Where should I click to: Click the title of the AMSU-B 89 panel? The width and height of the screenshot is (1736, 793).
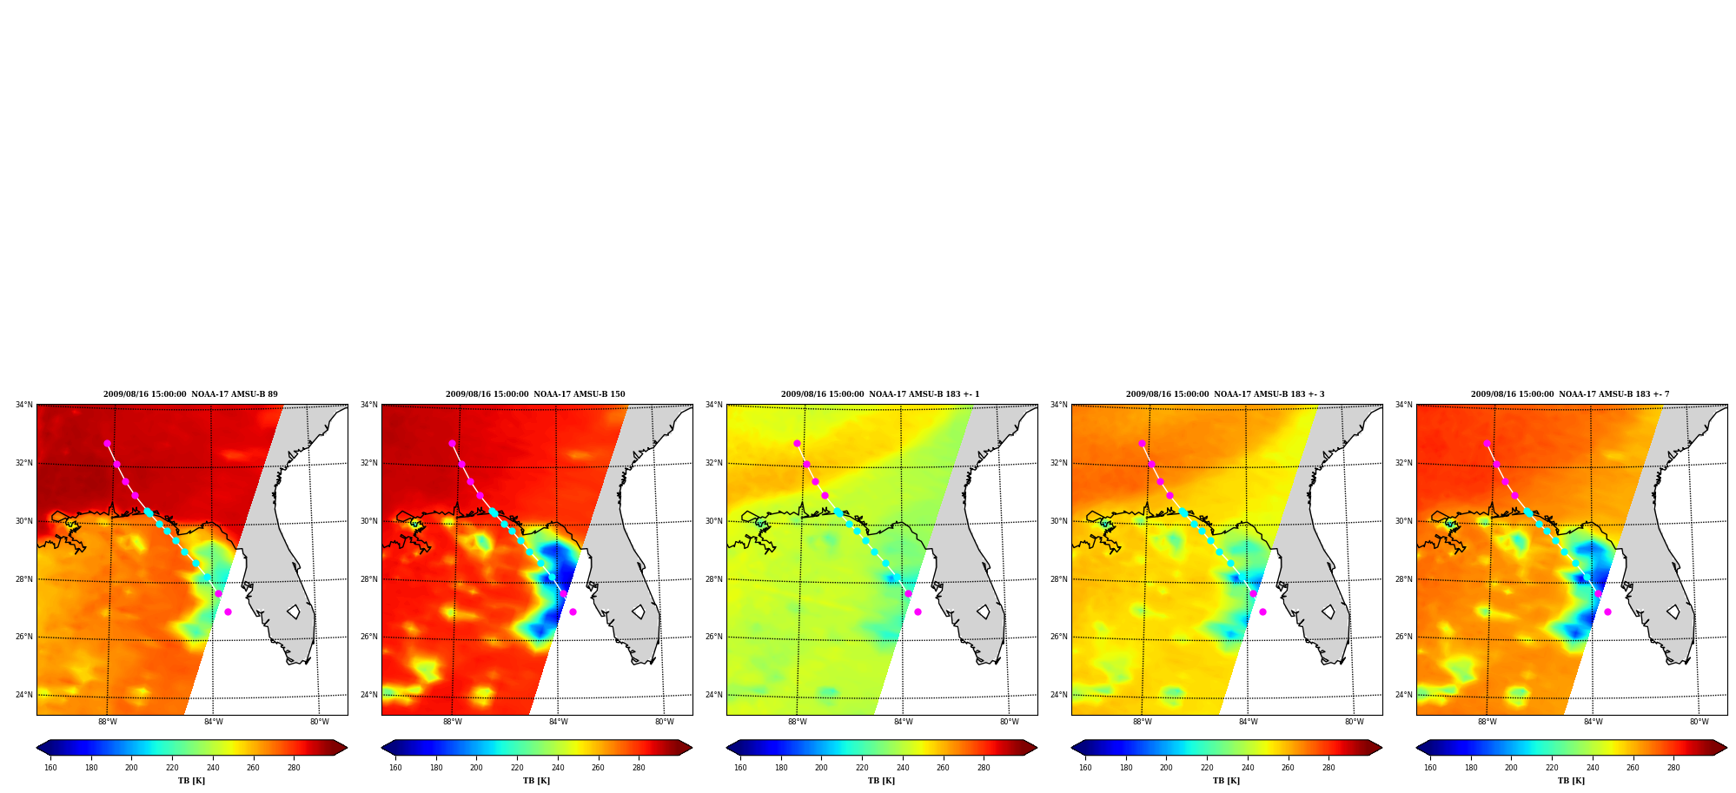pos(190,394)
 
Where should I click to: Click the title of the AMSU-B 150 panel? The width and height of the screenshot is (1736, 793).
pos(535,394)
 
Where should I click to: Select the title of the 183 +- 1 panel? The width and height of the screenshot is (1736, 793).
pos(880,394)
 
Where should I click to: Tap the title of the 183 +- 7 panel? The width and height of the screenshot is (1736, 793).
pos(1570,394)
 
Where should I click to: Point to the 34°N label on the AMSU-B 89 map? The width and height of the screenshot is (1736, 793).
pos(24,405)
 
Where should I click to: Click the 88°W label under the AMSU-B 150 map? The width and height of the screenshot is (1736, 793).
pos(453,722)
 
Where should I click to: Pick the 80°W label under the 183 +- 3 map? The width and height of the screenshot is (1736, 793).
pos(1355,722)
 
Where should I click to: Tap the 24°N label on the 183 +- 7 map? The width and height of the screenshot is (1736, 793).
pos(1404,695)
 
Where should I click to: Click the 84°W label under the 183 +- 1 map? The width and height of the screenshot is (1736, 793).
pos(904,722)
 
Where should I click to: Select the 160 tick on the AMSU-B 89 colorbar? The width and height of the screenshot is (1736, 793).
pos(50,768)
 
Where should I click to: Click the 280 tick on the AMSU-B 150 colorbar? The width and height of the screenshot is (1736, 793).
pos(639,768)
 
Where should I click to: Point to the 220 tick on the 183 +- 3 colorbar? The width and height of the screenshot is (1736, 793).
pos(1207,768)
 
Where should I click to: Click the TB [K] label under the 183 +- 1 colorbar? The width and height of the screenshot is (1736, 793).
pos(881,781)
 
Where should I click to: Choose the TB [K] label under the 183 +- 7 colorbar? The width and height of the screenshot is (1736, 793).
pos(1571,781)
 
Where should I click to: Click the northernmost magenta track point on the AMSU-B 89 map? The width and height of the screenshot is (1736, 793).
pos(107,443)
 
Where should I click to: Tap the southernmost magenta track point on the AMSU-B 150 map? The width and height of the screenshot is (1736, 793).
pos(573,611)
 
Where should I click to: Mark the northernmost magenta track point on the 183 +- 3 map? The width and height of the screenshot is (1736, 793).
pos(1142,443)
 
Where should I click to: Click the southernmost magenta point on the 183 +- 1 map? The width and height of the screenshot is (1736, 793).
pos(918,611)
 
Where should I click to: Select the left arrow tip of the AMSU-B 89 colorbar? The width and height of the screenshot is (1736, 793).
pos(36,747)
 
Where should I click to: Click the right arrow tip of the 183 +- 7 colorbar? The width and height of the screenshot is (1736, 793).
pos(1726,747)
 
